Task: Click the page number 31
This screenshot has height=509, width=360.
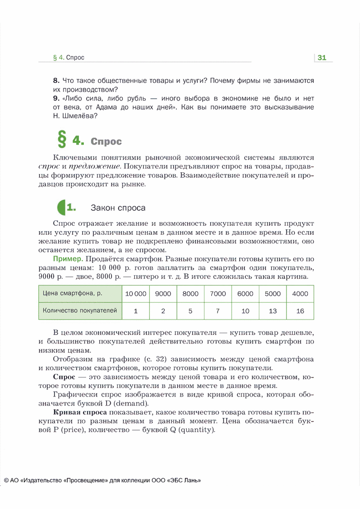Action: tap(322, 58)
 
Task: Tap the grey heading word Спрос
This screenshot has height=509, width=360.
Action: tap(106, 141)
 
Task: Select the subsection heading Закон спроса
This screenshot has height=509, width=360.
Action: tap(118, 208)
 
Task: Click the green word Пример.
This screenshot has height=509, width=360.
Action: tap(68, 259)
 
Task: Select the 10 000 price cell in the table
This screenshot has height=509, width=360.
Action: tap(136, 294)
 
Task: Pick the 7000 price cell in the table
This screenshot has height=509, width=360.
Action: tap(218, 294)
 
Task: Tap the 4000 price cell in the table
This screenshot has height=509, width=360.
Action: tap(300, 294)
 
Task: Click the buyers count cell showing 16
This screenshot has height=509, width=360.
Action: tap(300, 311)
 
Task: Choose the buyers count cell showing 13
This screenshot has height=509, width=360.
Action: tap(272, 311)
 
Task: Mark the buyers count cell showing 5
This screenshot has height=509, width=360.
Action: tap(190, 311)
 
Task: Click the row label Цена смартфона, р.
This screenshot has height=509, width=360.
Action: tap(73, 294)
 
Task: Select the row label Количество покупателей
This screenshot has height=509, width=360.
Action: tap(80, 311)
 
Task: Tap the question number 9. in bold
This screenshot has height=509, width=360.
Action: tap(57, 98)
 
